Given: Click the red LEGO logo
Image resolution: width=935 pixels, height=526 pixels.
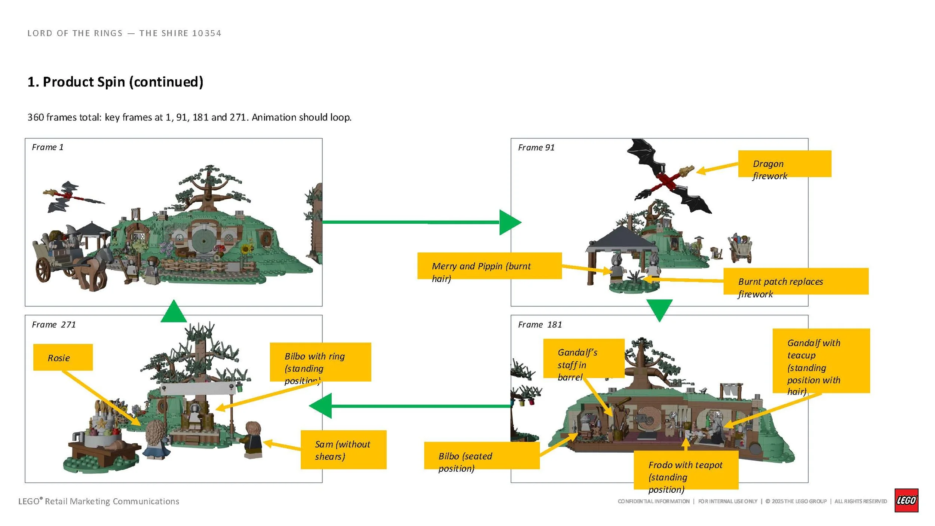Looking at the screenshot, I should (x=906, y=500).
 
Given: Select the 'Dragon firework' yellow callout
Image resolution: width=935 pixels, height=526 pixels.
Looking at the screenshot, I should (x=784, y=164).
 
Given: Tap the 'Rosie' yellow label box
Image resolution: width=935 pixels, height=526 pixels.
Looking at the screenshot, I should (x=63, y=357).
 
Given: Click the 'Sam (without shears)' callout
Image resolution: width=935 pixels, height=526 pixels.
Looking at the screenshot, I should (x=343, y=449).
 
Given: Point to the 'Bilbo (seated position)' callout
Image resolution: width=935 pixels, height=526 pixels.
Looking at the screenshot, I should (x=481, y=455).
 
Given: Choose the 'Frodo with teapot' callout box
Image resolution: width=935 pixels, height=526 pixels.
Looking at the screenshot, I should (x=686, y=470).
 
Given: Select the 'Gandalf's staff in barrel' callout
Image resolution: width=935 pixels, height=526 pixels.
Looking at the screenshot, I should (x=583, y=358).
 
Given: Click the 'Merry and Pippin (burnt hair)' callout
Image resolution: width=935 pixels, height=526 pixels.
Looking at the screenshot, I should (x=489, y=266).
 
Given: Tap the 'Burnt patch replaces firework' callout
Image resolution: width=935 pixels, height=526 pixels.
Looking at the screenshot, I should (x=795, y=281).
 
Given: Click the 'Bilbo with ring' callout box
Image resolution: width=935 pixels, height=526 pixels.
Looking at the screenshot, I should (x=320, y=362).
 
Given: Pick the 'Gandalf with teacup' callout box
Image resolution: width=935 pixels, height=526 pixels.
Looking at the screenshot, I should (x=821, y=361).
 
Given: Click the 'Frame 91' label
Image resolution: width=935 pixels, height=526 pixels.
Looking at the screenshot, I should (x=536, y=147).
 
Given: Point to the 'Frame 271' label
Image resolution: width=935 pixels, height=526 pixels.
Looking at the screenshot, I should (x=54, y=324).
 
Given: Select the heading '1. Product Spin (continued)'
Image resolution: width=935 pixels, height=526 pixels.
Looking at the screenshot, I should (x=115, y=82).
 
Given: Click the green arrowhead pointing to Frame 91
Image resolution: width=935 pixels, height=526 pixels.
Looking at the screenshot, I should (x=509, y=222).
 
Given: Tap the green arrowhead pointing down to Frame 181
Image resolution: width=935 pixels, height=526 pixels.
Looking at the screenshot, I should (x=659, y=309).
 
